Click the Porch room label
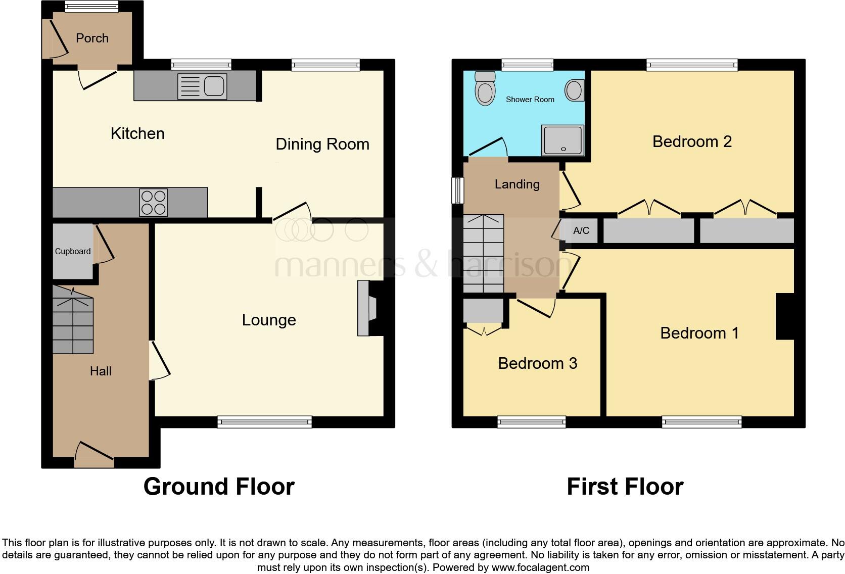[x=92, y=38]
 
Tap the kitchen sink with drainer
[x=202, y=86]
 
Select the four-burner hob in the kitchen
[x=154, y=202]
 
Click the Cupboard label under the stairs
[x=73, y=251]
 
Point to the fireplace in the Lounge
[x=367, y=308]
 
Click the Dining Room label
[x=322, y=145]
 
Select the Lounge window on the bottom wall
[x=264, y=421]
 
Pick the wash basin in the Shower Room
[x=574, y=90]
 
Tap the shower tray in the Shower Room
[x=562, y=140]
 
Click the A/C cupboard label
[x=581, y=231]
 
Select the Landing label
[x=517, y=184]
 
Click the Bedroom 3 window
[x=531, y=421]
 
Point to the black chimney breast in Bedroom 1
[x=785, y=316]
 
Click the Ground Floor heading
[x=219, y=487]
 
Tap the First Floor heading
[x=625, y=487]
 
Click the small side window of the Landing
[x=458, y=190]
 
